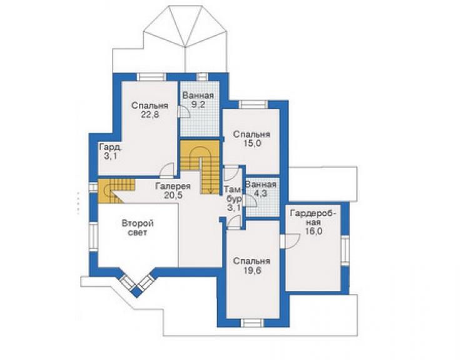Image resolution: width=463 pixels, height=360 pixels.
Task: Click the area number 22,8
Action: point(150,115)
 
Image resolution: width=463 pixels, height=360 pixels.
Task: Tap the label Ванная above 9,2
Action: point(198,96)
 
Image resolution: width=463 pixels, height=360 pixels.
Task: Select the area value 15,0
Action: point(252,143)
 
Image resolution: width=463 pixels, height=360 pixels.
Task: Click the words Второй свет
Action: point(138,228)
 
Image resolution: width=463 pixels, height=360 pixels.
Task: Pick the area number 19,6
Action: point(252,270)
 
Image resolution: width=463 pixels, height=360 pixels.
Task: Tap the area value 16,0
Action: point(313,232)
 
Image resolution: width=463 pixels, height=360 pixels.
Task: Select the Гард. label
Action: point(111,147)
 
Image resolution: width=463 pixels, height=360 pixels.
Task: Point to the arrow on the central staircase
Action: point(210,190)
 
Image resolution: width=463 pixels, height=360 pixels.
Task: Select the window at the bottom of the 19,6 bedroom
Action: point(253,323)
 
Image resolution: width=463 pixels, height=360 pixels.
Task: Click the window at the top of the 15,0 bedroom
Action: point(253,105)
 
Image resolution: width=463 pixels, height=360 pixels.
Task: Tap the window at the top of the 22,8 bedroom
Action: point(151,77)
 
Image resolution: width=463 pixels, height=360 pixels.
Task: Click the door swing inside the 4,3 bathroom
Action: point(251,201)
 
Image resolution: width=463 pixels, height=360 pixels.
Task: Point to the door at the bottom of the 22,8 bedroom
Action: point(167,170)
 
